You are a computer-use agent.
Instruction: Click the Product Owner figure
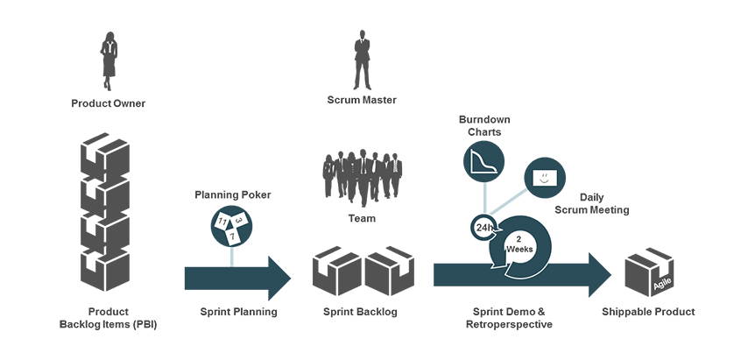(x=109, y=59)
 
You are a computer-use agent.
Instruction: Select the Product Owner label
(x=109, y=103)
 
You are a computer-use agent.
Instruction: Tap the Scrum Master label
(x=362, y=100)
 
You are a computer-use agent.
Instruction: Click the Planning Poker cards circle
(x=232, y=226)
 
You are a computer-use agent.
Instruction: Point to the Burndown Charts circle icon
(x=484, y=162)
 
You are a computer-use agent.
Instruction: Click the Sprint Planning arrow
(x=236, y=278)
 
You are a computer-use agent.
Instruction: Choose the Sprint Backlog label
(x=361, y=312)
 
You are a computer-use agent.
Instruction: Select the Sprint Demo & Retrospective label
(x=508, y=318)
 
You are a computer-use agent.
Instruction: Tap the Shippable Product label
(x=648, y=312)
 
